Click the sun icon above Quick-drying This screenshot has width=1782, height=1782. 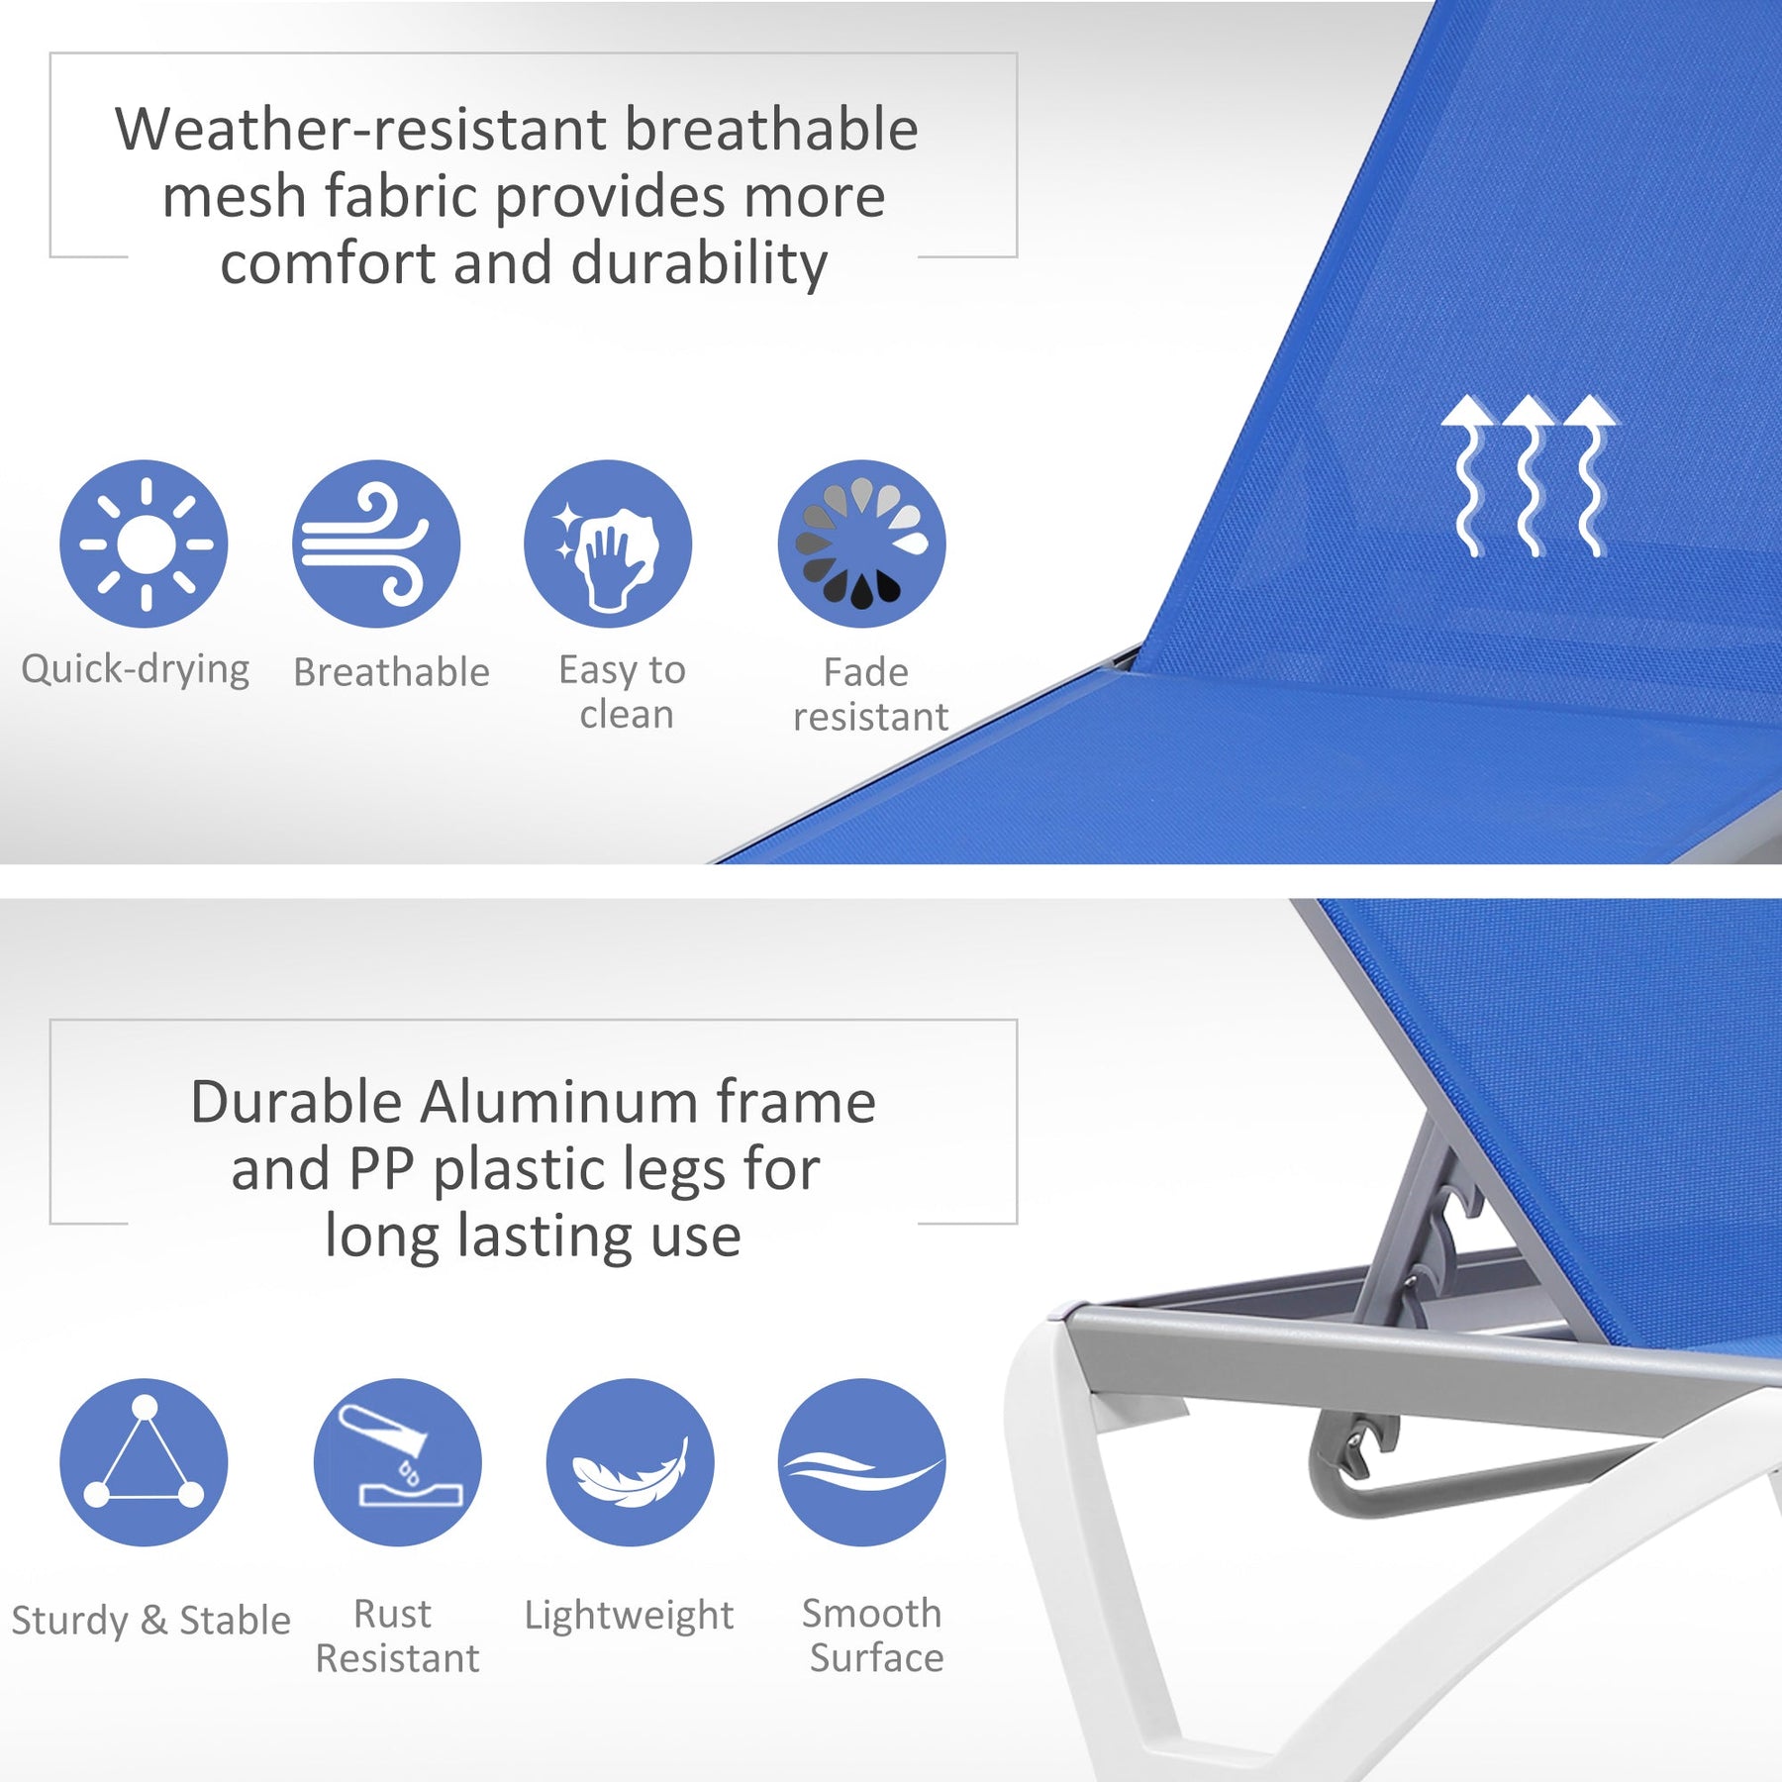click(x=145, y=544)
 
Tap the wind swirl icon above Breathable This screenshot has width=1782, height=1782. click(x=376, y=544)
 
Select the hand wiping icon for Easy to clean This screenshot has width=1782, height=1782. click(x=608, y=544)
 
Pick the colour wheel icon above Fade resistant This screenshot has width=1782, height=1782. click(x=862, y=544)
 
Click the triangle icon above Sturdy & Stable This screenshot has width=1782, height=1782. click(x=145, y=1462)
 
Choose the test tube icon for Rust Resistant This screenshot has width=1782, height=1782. click(x=398, y=1462)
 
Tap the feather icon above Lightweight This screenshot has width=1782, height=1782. click(x=631, y=1462)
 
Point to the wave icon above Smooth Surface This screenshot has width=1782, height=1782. click(x=862, y=1462)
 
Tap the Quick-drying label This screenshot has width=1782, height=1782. click(x=136, y=670)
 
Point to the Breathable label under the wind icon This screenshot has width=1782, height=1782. click(x=392, y=672)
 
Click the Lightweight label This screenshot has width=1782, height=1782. click(x=630, y=1615)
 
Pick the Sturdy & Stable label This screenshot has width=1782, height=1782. click(x=151, y=1621)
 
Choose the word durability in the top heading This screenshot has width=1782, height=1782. click(x=699, y=264)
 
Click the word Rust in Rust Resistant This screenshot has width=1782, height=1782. click(x=393, y=1614)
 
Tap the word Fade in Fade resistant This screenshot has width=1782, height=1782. click(x=866, y=672)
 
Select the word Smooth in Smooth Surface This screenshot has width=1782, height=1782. click(x=872, y=1614)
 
